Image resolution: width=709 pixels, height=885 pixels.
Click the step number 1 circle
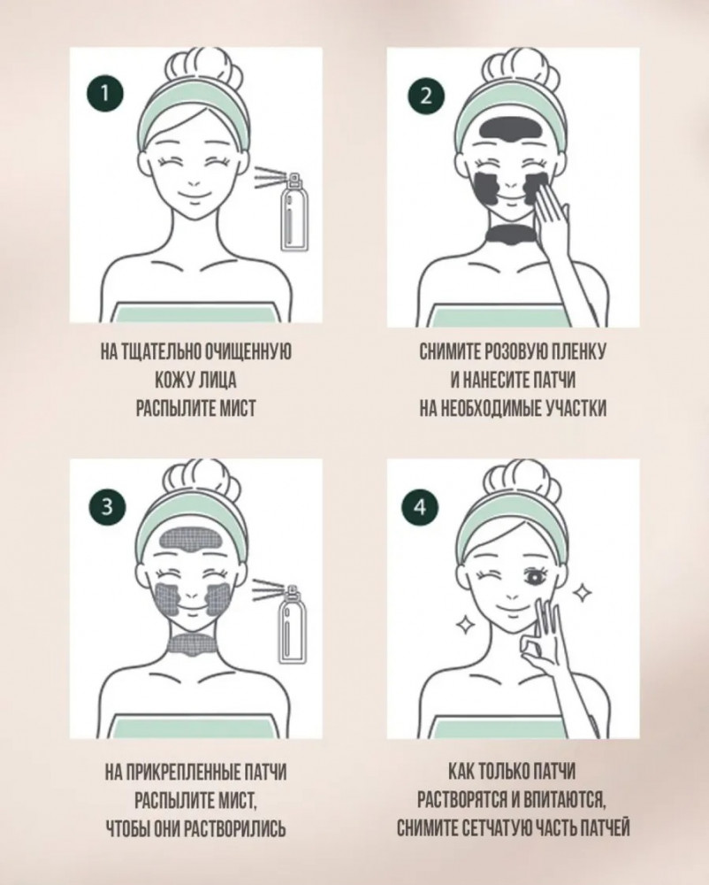(105, 93)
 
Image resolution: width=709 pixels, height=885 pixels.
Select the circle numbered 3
(106, 506)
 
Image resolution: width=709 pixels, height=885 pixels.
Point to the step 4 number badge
(420, 507)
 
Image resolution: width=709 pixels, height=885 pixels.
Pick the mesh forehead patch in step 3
(189, 541)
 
